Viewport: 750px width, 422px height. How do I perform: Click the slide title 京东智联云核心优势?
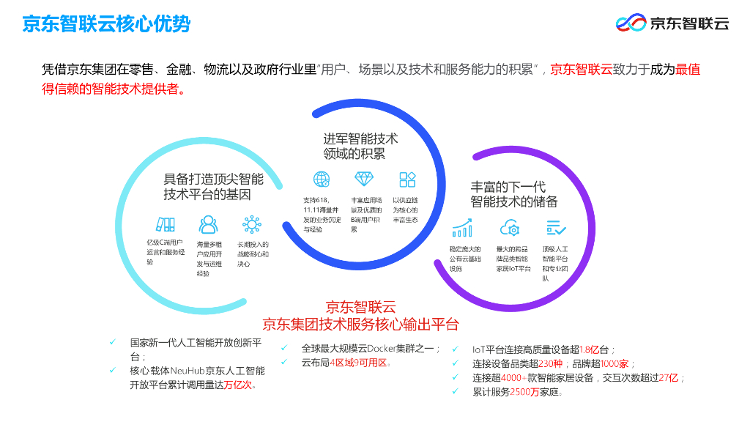coord(106,24)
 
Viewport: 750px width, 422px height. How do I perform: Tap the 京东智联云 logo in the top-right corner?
coord(672,23)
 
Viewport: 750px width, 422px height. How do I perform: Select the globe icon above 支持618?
coord(322,179)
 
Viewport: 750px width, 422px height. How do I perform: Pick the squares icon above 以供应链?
coord(407,179)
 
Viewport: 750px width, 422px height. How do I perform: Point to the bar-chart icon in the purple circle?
coord(462,228)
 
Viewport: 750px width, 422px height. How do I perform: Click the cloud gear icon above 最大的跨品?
coord(510,228)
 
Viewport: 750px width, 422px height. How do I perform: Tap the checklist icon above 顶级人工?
coord(556,228)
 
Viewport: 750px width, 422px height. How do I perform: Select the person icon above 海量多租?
coord(208,223)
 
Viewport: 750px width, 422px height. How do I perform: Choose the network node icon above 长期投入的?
coord(252,223)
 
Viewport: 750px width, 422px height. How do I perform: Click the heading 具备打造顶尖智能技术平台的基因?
coord(213,187)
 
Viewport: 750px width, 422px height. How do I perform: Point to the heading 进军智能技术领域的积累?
coord(361,146)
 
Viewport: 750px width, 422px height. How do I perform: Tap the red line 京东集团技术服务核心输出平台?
coord(360,324)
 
